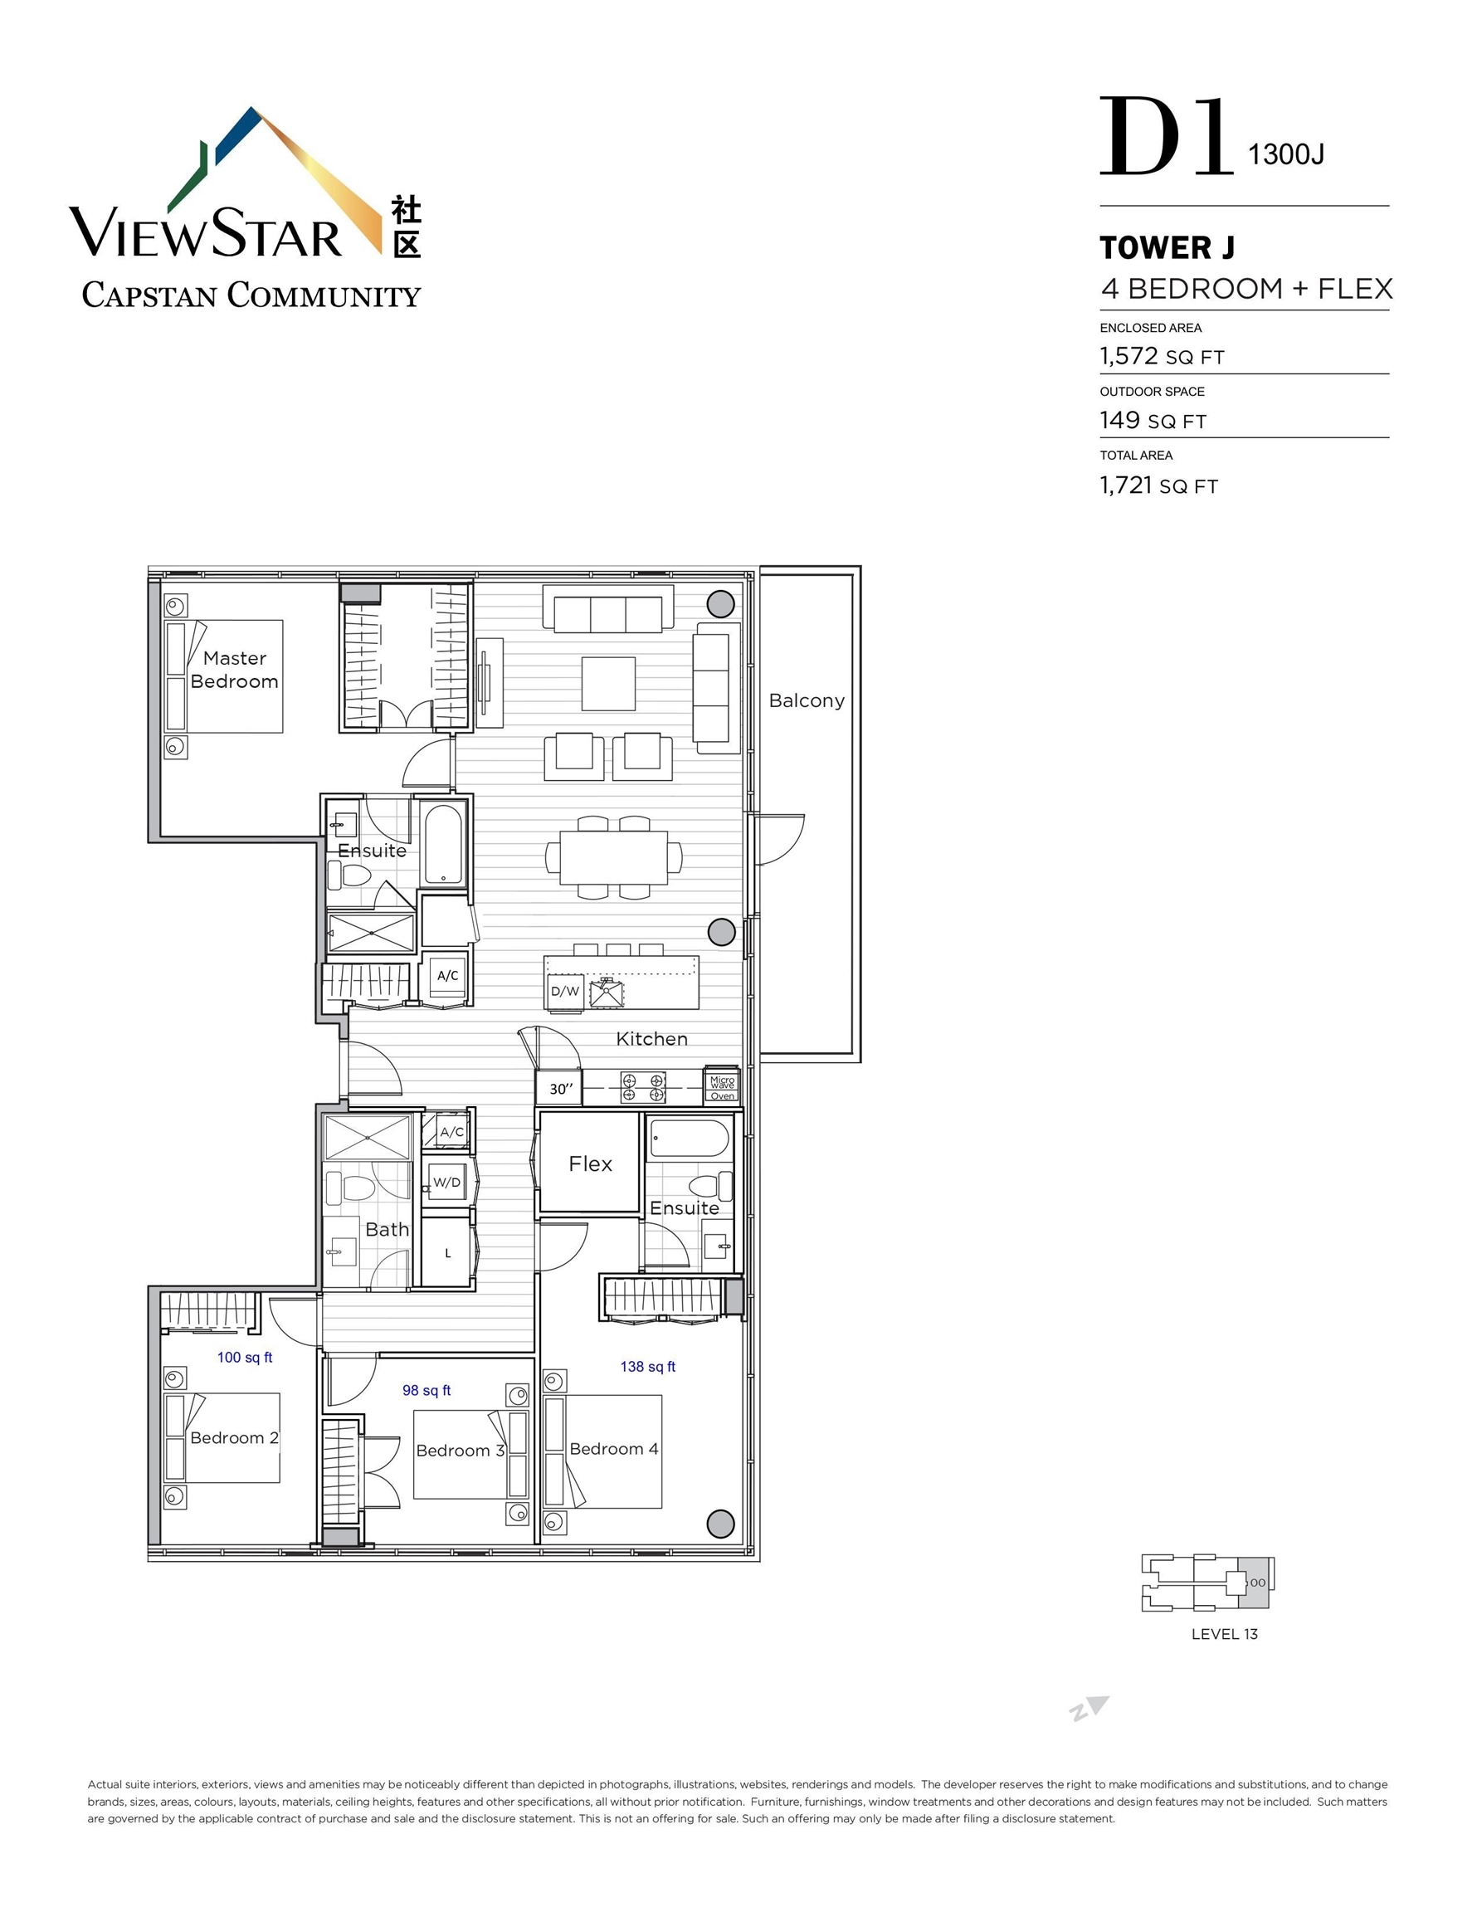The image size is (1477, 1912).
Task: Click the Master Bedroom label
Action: tap(234, 670)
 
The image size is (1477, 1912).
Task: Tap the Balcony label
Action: tap(807, 700)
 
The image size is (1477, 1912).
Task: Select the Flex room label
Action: tap(590, 1163)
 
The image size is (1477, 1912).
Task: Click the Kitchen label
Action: tap(651, 1038)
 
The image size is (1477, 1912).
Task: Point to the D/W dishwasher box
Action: tap(565, 991)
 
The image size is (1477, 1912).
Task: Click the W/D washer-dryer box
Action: tap(446, 1182)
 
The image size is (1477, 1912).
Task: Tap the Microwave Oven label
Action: tap(722, 1085)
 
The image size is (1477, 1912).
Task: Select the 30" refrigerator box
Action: tap(559, 1088)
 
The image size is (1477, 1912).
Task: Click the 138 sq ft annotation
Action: tap(648, 1366)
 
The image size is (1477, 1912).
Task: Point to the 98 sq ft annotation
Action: tap(427, 1389)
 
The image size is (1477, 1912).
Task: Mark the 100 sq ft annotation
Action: tap(244, 1357)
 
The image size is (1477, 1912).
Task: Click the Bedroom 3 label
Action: tap(461, 1451)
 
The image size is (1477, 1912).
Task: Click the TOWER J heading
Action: tap(1167, 248)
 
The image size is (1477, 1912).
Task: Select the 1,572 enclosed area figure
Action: tap(1128, 355)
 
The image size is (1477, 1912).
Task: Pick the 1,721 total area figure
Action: tap(1126, 484)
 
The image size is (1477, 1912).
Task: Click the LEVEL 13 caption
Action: tap(1224, 1634)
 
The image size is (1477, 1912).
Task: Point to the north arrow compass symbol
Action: tap(1090, 1708)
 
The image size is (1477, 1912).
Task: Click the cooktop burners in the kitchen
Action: tap(644, 1087)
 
